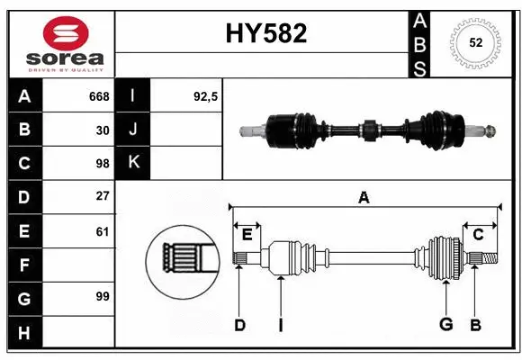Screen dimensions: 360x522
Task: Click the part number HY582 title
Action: pos(265,33)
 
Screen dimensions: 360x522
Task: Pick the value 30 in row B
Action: pos(102,130)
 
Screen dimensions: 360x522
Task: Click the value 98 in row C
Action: pos(102,163)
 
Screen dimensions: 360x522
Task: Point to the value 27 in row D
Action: pos(102,196)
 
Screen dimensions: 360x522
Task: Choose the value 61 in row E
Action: pos(102,230)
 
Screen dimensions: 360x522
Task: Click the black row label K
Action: pos(134,163)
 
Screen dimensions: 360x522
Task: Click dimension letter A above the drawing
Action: pos(364,198)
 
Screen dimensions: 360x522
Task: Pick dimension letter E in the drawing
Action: pos(247,234)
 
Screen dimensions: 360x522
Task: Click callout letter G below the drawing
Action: pos(445,325)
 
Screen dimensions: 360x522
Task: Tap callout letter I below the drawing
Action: pos(280,325)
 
